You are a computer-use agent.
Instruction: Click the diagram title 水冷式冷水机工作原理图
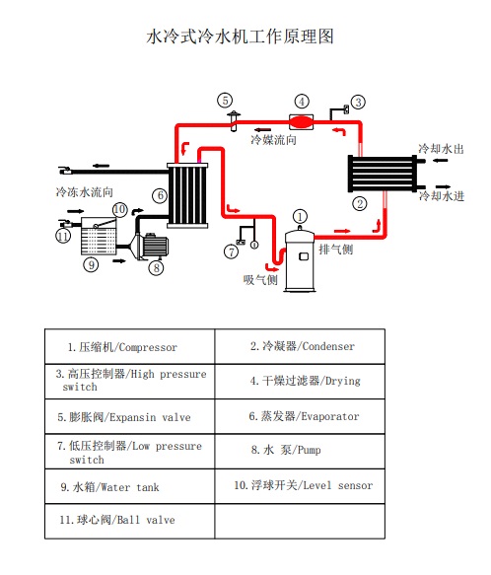click(x=241, y=37)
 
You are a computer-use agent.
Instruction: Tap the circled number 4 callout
click(x=302, y=101)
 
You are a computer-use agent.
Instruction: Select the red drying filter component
click(x=301, y=119)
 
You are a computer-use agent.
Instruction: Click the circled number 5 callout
click(x=225, y=100)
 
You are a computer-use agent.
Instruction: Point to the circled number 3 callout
click(x=359, y=102)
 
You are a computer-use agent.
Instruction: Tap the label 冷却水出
click(x=441, y=149)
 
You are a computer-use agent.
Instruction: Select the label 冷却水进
click(x=441, y=196)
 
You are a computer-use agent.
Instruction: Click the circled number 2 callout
click(x=360, y=203)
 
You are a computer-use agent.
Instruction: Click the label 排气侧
click(x=336, y=248)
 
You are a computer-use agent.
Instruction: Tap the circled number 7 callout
click(x=232, y=252)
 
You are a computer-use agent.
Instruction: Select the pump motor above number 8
click(x=153, y=244)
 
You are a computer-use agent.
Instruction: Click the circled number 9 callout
click(x=91, y=264)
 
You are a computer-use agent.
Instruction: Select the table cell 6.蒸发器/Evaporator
click(x=304, y=416)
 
